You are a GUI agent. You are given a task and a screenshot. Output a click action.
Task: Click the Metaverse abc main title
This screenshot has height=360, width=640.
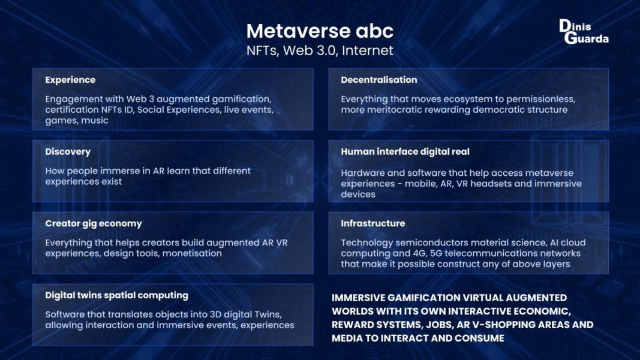[x=320, y=31]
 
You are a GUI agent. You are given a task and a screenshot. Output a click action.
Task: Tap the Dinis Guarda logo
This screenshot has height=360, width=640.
[x=584, y=31]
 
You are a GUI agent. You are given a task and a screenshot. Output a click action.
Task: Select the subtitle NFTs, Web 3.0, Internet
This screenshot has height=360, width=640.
[x=320, y=50]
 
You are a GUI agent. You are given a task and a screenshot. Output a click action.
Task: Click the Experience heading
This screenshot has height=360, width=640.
[x=70, y=80]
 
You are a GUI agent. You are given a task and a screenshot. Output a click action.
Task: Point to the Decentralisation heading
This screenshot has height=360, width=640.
[x=378, y=80]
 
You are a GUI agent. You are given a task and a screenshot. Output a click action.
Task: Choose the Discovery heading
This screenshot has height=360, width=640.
[x=68, y=152]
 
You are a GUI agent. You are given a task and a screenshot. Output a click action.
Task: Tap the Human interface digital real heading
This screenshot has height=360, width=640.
[x=405, y=152]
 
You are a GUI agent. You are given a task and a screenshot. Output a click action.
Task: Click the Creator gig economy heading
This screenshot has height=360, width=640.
[x=94, y=224]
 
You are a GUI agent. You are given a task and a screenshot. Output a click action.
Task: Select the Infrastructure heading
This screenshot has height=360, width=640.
[x=372, y=224]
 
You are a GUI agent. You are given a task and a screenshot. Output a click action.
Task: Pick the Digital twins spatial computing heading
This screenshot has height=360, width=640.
[x=117, y=296]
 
